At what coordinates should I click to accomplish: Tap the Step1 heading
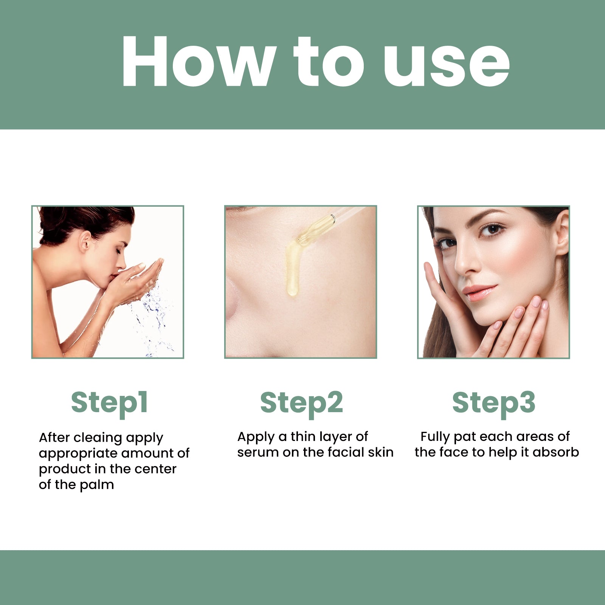coord(109,403)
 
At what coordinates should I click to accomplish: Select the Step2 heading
coord(301,403)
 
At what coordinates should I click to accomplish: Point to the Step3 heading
coord(494,403)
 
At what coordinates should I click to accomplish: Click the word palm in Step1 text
coord(96,485)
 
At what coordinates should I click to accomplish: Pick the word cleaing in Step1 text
coord(98,437)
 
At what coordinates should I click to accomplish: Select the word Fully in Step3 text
coord(435,437)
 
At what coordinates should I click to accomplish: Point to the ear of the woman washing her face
coord(85,241)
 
